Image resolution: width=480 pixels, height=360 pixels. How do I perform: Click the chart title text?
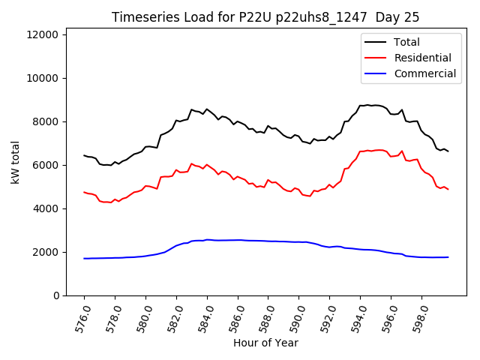pyautogui.click(x=265, y=17)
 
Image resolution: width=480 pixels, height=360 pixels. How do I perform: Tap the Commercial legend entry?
pyautogui.click(x=424, y=73)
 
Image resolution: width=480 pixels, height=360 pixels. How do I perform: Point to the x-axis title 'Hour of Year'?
pyautogui.click(x=265, y=343)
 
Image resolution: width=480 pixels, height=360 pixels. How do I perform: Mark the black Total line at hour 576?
pyautogui.click(x=84, y=155)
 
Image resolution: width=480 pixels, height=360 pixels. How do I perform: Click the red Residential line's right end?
pyautogui.click(x=448, y=189)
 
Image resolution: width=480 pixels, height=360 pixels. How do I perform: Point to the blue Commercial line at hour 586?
pyautogui.click(x=238, y=240)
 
